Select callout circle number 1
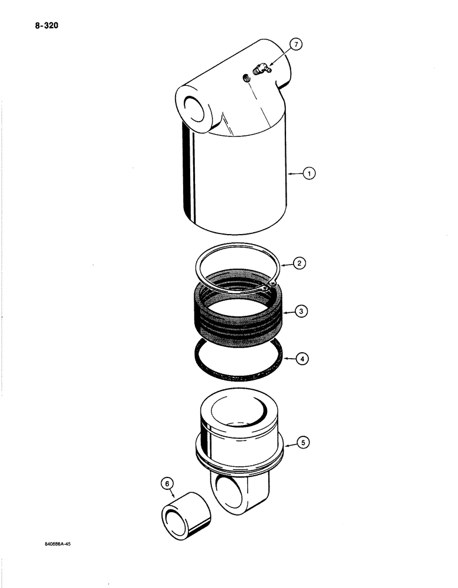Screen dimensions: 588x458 (311, 173)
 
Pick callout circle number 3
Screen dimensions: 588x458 (300, 312)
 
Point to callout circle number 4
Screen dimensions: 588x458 (300, 357)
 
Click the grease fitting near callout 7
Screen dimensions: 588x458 (258, 70)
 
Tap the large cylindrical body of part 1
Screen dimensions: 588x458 (238, 182)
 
